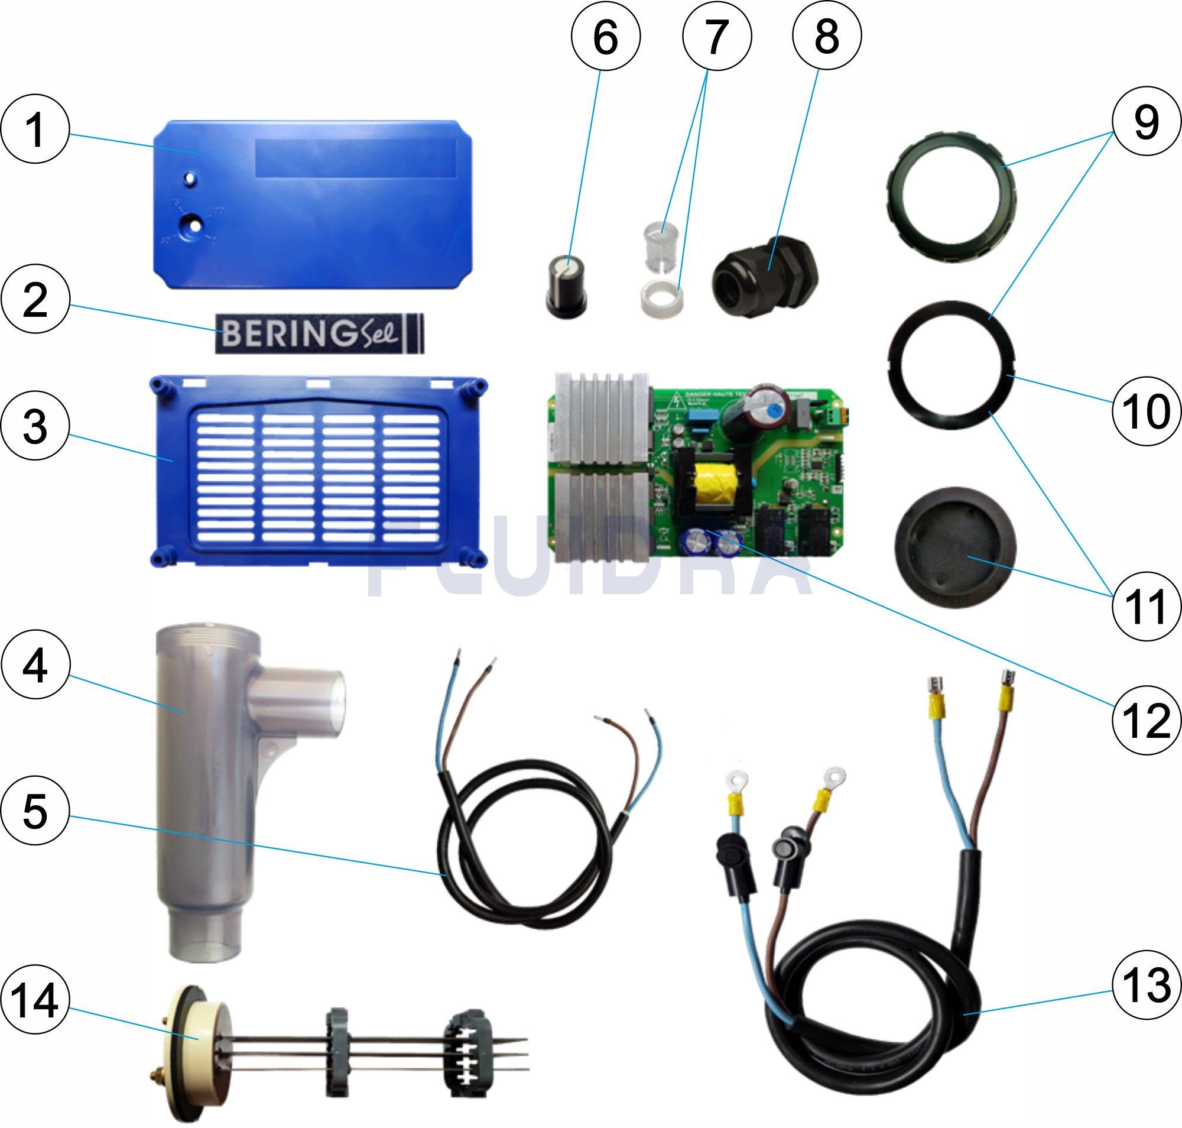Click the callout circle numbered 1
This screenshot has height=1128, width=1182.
[35, 131]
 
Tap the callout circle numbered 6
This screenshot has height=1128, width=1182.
[605, 37]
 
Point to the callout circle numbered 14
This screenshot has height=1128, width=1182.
[35, 1001]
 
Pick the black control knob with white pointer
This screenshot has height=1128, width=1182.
[566, 287]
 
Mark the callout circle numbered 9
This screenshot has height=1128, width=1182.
[1146, 123]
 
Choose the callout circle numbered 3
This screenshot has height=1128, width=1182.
[35, 426]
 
